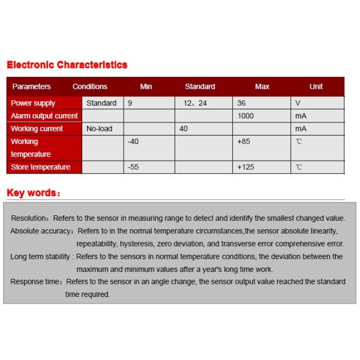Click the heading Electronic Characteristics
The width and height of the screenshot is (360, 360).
(x=67, y=65)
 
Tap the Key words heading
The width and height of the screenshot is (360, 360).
(x=33, y=193)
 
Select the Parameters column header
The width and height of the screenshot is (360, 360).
(x=31, y=86)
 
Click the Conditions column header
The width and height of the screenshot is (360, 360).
(x=90, y=86)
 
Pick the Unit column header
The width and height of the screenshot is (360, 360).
(x=316, y=86)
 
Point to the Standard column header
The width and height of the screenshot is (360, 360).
(x=200, y=86)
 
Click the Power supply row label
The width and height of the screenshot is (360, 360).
(x=33, y=103)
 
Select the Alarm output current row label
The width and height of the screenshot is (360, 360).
(x=44, y=116)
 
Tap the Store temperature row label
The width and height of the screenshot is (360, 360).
(x=40, y=167)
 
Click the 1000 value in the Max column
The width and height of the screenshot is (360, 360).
(x=246, y=116)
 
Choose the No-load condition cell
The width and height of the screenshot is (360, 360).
(x=100, y=128)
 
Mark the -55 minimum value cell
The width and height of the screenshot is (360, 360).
(x=133, y=167)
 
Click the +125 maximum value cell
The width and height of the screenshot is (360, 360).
(x=246, y=167)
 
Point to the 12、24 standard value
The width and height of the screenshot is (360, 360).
(x=195, y=103)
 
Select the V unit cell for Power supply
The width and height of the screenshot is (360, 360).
(x=298, y=103)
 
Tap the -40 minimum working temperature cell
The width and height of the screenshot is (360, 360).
(x=133, y=142)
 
